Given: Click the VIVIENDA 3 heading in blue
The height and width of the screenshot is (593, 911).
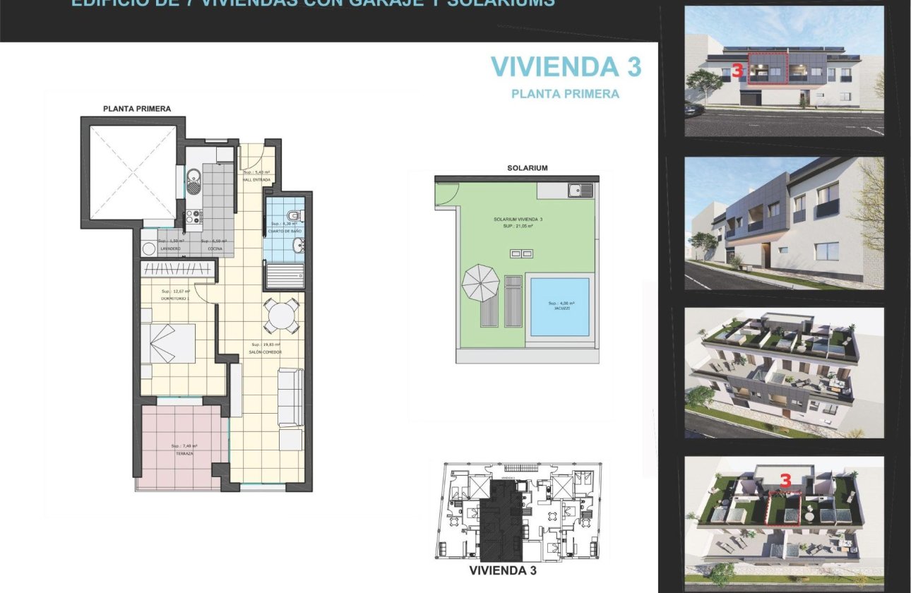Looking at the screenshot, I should (x=566, y=66).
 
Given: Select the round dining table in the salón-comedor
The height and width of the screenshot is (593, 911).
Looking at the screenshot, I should (x=281, y=316).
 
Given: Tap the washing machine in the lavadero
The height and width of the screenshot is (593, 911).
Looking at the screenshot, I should (x=149, y=248).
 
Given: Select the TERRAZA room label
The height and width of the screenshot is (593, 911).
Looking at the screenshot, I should (x=184, y=453).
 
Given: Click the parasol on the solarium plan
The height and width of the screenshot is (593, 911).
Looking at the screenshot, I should (x=480, y=283).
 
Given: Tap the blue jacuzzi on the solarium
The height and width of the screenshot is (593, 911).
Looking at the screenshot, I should (x=559, y=306).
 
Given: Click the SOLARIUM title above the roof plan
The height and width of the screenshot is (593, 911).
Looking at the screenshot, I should (x=527, y=168).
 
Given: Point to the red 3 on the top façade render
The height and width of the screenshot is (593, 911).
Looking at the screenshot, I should (x=737, y=71).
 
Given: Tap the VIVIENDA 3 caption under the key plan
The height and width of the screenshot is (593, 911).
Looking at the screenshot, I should (x=506, y=570).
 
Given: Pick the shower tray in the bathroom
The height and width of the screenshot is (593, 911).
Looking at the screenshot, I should (x=285, y=274).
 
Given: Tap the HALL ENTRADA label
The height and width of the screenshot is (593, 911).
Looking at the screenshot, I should (x=257, y=180).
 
